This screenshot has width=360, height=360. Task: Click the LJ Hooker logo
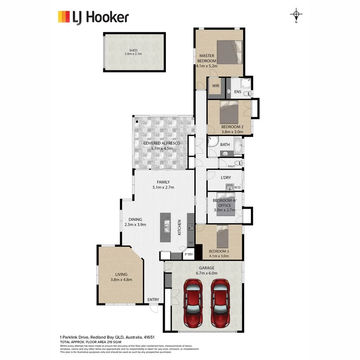tap(93, 17)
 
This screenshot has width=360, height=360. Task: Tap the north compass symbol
tap(296, 16)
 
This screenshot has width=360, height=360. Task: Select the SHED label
tap(133, 50)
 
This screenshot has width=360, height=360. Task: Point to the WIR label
tap(216, 86)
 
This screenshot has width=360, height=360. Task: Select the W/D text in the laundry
tap(237, 187)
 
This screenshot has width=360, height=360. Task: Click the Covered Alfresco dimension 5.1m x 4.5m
tap(162, 148)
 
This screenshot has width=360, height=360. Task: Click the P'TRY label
tap(188, 254)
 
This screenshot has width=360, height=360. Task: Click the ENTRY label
tap(153, 300)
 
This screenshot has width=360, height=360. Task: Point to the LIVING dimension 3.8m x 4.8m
tap(121, 280)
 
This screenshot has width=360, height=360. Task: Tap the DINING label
tap(135, 219)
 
